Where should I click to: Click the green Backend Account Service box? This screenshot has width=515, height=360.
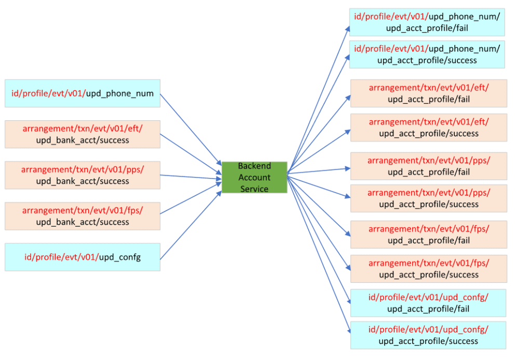pos(254,177)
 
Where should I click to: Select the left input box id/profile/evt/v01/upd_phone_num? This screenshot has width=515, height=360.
pos(83,93)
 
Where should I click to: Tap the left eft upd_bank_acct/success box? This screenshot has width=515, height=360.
pos(83,134)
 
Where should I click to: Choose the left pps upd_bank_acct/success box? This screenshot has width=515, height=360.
pos(83,175)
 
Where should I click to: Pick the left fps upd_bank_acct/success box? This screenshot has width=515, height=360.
pos(83,216)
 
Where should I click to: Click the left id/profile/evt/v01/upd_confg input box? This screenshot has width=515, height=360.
pos(83,257)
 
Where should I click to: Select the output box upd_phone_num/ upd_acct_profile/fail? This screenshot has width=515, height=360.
pos(427,22)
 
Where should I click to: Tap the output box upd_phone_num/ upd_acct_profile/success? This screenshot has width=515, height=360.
pos(427,54)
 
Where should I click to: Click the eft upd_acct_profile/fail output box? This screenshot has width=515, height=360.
pos(428,93)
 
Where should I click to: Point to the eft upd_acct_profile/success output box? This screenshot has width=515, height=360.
pos(428,128)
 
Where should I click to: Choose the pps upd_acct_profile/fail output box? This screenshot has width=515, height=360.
pos(428,166)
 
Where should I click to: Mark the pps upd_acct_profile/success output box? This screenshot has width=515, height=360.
pos(428,198)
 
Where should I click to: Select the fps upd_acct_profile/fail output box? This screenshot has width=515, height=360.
pos(428,234)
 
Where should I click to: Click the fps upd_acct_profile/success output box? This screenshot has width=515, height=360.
pos(428,269)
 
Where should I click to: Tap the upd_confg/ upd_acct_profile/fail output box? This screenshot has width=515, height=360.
pos(428,303)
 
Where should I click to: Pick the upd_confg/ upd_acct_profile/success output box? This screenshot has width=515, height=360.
pos(428,335)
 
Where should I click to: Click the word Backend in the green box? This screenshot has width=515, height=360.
pos(254,166)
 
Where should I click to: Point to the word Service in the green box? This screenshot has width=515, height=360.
pos(254,189)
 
